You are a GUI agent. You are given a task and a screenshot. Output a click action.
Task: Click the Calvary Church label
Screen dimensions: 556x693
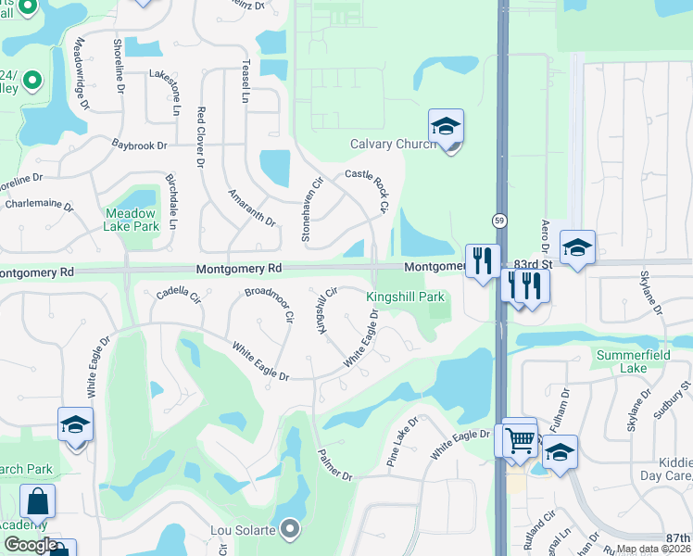[x=393, y=144]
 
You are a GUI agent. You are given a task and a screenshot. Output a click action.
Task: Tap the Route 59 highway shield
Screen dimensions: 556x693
[x=498, y=221]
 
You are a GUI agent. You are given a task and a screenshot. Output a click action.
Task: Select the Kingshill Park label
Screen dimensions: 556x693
[x=406, y=297]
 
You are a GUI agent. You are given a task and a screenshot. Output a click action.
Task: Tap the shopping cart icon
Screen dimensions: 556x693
[x=521, y=440]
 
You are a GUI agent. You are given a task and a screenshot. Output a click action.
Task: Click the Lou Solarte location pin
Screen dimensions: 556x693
[x=291, y=529]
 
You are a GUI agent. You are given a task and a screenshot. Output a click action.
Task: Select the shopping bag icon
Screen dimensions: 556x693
[x=38, y=501]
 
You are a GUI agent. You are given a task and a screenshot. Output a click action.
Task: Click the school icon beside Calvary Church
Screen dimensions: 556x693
[x=446, y=128]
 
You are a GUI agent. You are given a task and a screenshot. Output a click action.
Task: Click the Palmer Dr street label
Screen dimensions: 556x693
[x=335, y=464]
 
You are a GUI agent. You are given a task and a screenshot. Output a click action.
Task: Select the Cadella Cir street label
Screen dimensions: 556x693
[x=178, y=295]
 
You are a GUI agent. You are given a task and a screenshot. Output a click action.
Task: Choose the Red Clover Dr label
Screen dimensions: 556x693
[x=200, y=137]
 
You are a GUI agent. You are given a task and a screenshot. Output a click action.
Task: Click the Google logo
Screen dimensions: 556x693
[x=31, y=545]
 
